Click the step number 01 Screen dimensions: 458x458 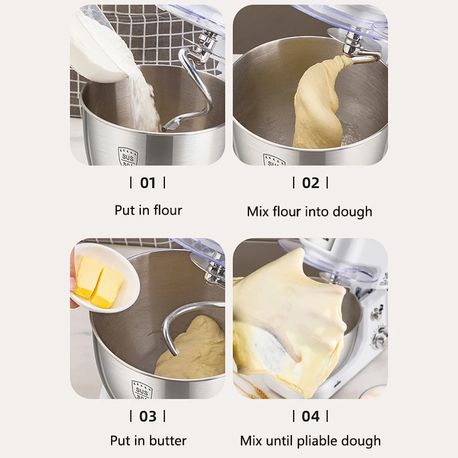tap(148, 183)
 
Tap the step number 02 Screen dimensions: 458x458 tap(310, 183)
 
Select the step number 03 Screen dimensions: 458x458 tap(148, 416)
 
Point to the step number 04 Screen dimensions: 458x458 tap(310, 416)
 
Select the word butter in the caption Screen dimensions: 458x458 tap(168, 440)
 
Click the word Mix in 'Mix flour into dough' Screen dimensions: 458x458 tap(258, 211)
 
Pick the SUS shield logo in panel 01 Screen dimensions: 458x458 tap(128, 156)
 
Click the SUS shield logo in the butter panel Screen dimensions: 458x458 tap(142, 390)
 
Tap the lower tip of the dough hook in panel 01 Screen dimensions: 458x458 tap(164, 129)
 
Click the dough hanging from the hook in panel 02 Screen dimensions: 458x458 tap(319, 105)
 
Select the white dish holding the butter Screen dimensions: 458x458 tap(105, 278)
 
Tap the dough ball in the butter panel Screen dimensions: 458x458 tap(191, 349)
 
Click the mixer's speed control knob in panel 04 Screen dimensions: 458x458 tap(380, 337)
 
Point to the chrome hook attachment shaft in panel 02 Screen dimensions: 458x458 tap(352, 44)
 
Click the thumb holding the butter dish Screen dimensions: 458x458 tap(73, 284)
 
